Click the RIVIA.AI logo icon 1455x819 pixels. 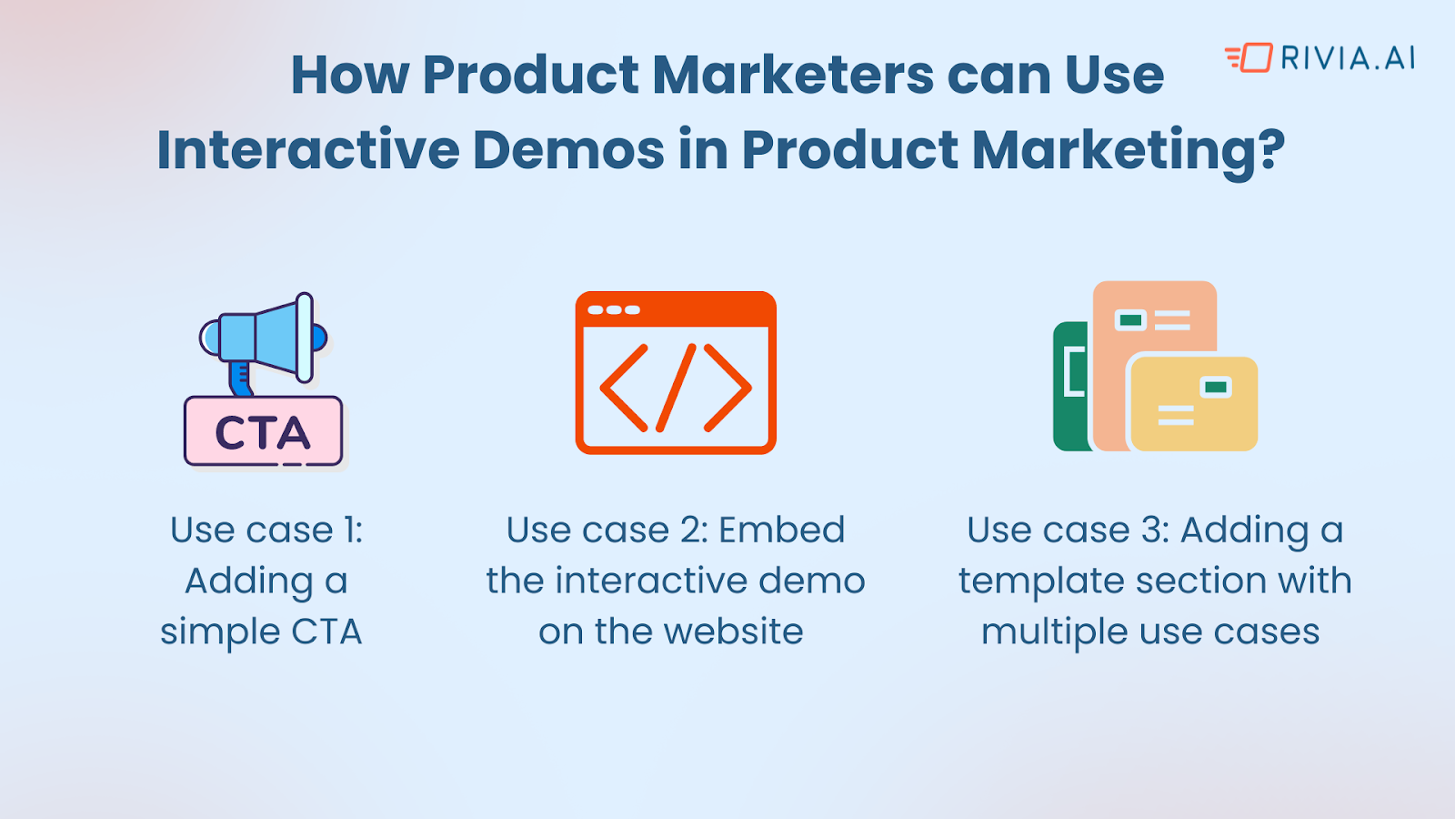coord(1249,57)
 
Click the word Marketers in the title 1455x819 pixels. coord(792,75)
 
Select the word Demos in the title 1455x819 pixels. coord(568,149)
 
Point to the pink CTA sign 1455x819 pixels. coord(263,432)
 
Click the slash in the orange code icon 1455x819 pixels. coord(676,388)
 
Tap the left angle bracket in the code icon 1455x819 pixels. coord(623,388)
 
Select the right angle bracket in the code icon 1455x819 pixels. coord(728,388)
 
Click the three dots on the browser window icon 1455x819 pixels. coord(614,310)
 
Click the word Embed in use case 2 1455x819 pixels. coord(781,530)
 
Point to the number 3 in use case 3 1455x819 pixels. coord(1152,530)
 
